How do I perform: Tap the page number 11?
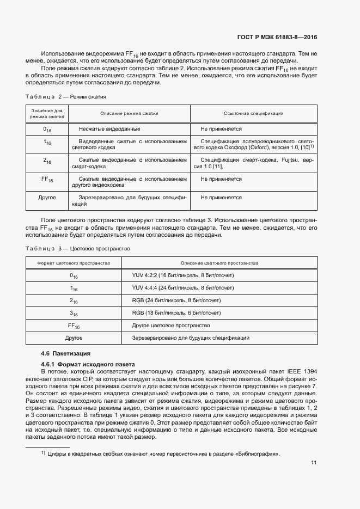pos(314,463)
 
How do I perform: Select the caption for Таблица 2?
pos(66,96)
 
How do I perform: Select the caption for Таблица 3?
pos(78,248)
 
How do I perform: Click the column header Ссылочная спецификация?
pos(253,113)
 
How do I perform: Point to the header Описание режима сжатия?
pos(129,113)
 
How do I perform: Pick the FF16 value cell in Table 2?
pos(47,179)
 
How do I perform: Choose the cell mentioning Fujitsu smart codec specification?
pos(253,163)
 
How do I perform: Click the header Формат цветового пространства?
pos(74,263)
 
